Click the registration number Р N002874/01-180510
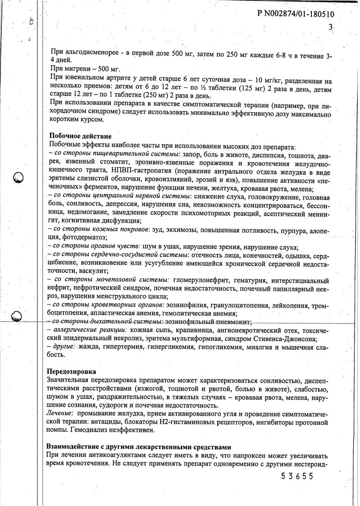[296, 14]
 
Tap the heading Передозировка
[71, 372]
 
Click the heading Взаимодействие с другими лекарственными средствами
[139, 447]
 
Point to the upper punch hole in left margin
[18, 177]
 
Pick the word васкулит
[94, 272]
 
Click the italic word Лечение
[60, 414]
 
